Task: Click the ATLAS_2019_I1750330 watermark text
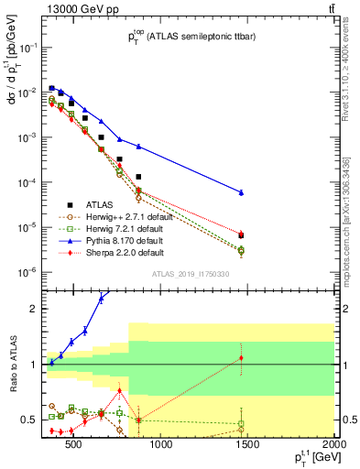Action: point(190,274)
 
